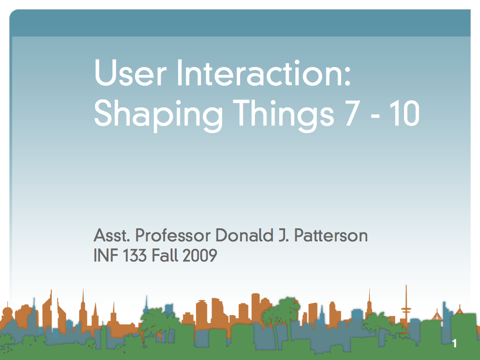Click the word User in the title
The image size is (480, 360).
click(130, 73)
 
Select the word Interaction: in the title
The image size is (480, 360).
click(264, 73)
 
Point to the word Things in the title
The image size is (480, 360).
click(284, 115)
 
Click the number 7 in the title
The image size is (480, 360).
click(352, 113)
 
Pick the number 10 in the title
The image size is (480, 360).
click(405, 113)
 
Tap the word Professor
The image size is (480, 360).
click(173, 235)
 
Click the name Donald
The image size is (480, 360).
click(244, 235)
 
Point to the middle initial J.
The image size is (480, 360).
click(284, 236)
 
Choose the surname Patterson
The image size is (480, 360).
click(331, 235)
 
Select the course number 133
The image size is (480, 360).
click(135, 255)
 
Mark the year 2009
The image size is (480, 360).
click(200, 255)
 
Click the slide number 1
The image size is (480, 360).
click(455, 344)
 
